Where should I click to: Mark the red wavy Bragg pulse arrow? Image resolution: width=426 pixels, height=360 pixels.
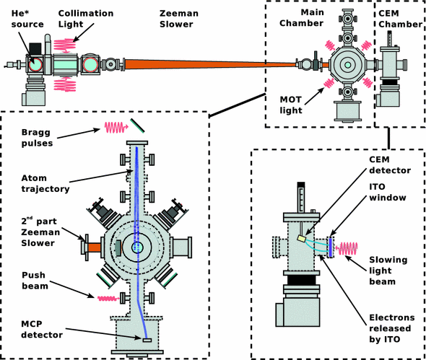(116, 128)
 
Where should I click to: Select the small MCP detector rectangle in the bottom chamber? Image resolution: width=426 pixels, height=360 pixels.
(147, 339)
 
